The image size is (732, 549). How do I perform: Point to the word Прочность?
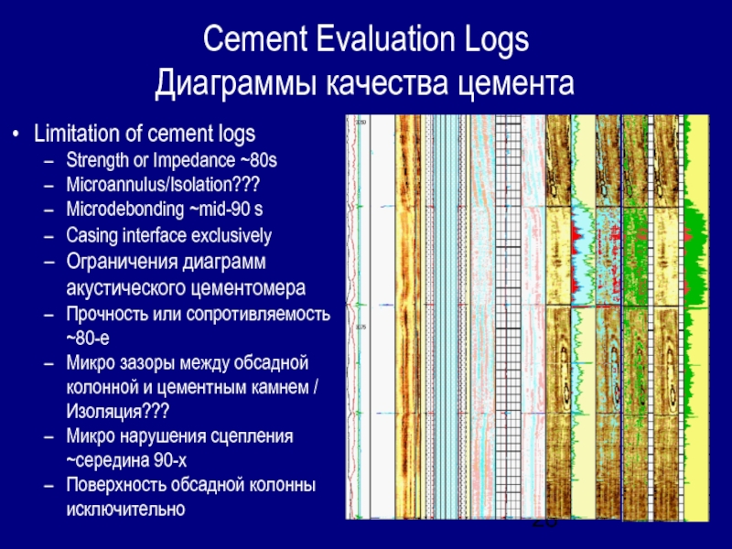(x=111, y=315)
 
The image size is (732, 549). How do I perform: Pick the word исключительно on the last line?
(x=126, y=509)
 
